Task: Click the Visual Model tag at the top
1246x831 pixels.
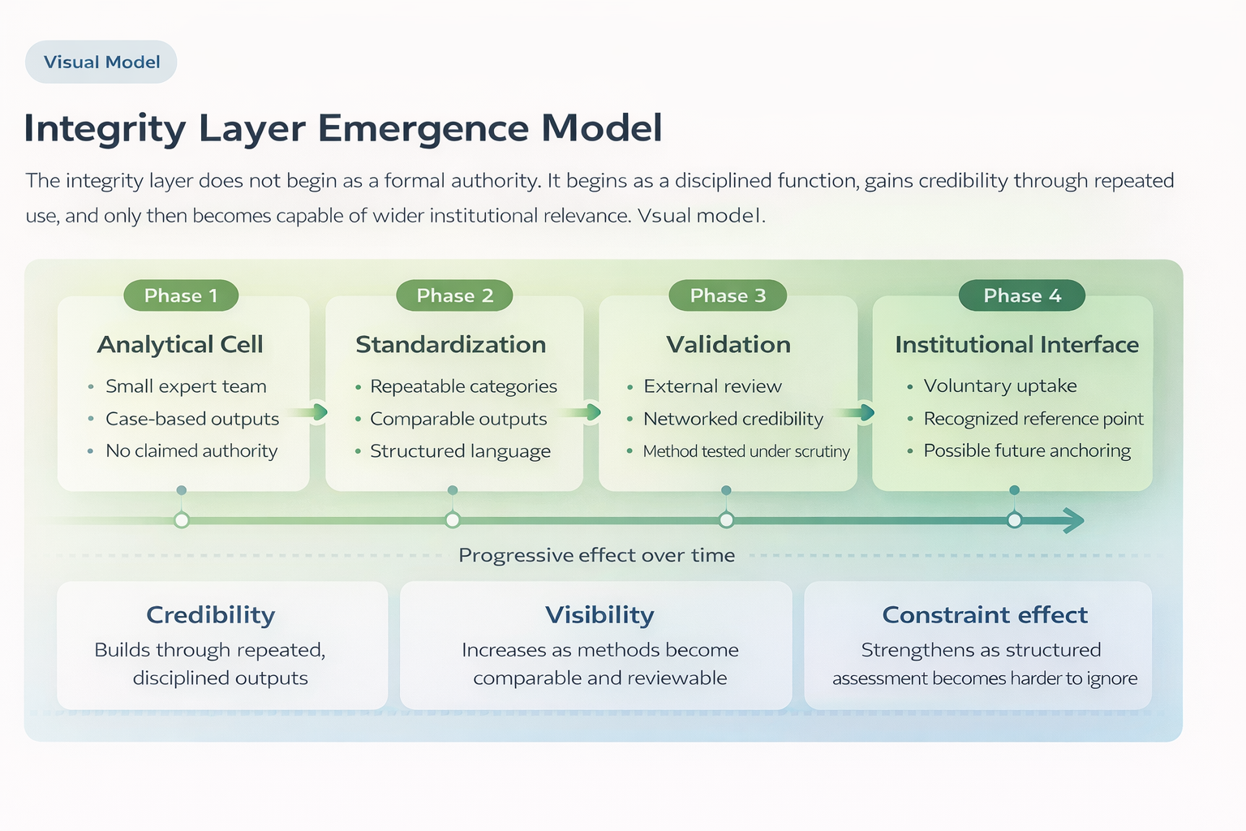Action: (x=101, y=62)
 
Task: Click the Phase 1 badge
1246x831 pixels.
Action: (x=181, y=295)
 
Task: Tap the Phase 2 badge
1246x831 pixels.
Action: (x=454, y=295)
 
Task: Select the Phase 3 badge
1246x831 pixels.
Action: (x=728, y=295)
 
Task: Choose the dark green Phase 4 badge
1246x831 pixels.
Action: (x=1021, y=295)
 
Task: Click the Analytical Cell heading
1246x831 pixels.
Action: (x=180, y=344)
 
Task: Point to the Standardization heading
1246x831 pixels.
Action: (x=450, y=344)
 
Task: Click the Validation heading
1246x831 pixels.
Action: (x=728, y=344)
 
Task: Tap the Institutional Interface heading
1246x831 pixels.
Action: (x=1016, y=344)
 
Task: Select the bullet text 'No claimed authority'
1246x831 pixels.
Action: (x=191, y=450)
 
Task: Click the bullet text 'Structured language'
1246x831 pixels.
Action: (x=460, y=451)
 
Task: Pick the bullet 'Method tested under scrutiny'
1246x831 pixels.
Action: (x=746, y=451)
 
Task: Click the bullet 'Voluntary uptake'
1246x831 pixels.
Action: (x=1000, y=385)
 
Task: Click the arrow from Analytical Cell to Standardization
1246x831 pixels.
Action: (x=311, y=412)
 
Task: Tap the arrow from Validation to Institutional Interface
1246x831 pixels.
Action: (x=857, y=412)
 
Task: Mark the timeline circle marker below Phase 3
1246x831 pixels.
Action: (x=726, y=520)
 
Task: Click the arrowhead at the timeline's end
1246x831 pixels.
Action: (x=1074, y=520)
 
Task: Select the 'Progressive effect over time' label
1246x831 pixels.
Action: (x=596, y=555)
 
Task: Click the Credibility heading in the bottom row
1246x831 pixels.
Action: (x=211, y=615)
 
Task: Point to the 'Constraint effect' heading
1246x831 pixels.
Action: (x=984, y=615)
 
